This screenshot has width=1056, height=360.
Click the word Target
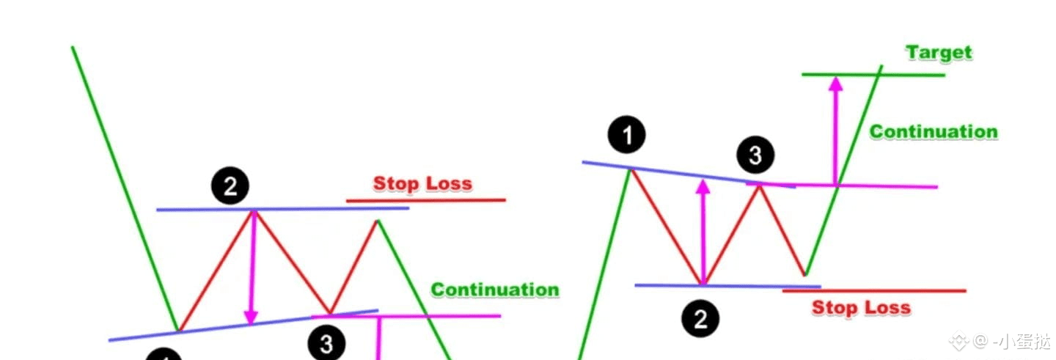939,53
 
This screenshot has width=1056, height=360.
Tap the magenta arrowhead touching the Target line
835,84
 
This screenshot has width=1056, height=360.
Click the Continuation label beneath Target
934,132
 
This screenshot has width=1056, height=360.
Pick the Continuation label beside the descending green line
494,290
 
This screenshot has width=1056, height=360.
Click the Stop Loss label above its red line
422,183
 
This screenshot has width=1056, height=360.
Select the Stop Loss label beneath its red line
861,308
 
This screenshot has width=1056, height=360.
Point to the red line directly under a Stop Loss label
425,199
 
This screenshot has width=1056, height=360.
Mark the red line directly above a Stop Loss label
873,291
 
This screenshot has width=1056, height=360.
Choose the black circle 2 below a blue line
700,318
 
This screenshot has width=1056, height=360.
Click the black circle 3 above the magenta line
755,155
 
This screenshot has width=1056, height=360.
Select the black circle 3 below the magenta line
326,343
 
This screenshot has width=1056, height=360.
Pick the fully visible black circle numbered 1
626,136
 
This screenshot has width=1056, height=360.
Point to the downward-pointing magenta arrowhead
252,316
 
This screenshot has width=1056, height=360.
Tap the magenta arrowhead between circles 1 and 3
703,187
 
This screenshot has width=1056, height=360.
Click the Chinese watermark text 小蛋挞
1032,342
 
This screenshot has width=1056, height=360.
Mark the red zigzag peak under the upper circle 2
254,213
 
